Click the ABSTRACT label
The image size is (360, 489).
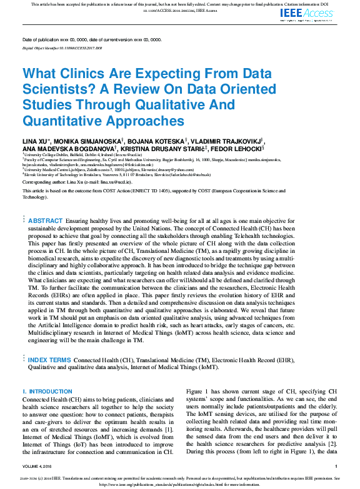(x=46, y=221)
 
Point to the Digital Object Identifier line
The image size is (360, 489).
(x=62, y=47)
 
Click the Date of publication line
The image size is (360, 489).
(x=92, y=39)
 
